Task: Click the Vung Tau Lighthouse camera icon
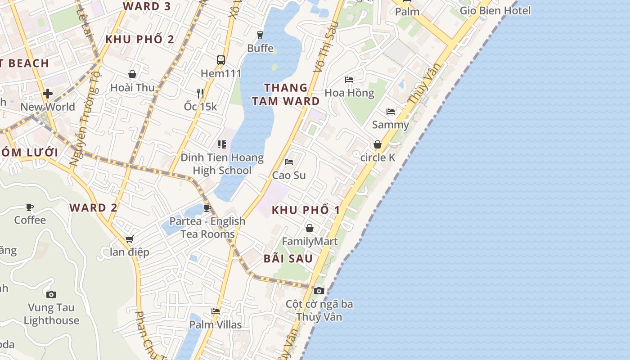pyautogui.click(x=51, y=294)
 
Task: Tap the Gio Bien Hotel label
pyautogui.click(x=495, y=10)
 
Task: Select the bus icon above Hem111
pyautogui.click(x=220, y=60)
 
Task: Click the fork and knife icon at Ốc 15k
pyautogui.click(x=200, y=93)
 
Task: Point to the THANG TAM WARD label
pyautogui.click(x=286, y=94)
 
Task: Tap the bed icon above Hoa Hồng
pyautogui.click(x=349, y=80)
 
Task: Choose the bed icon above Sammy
pyautogui.click(x=390, y=111)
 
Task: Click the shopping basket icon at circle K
pyautogui.click(x=378, y=144)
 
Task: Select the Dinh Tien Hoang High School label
pyautogui.click(x=222, y=164)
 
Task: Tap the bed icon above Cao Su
pyautogui.click(x=289, y=162)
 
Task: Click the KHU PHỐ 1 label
pyautogui.click(x=306, y=210)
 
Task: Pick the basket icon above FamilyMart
pyautogui.click(x=310, y=228)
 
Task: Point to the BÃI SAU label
pyautogui.click(x=288, y=258)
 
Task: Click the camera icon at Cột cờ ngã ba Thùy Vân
pyautogui.click(x=319, y=291)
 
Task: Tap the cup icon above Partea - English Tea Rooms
pyautogui.click(x=207, y=207)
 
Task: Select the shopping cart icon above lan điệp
pyautogui.click(x=130, y=239)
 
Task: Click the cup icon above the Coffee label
pyautogui.click(x=30, y=207)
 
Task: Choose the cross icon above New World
pyautogui.click(x=48, y=94)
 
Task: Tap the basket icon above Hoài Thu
pyautogui.click(x=132, y=74)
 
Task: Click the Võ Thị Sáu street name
pyautogui.click(x=326, y=46)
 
